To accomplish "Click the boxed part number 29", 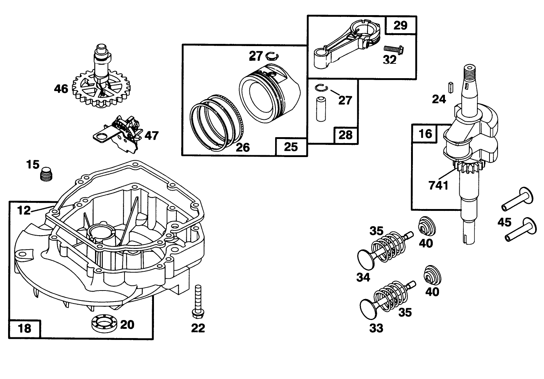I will point(401,25).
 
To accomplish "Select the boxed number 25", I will point(291,147).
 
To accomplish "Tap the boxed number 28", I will point(345,135).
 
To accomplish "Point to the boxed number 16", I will point(425,133).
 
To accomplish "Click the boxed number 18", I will point(25,328).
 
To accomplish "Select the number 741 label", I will point(439,185).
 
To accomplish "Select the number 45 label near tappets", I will point(504,222).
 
